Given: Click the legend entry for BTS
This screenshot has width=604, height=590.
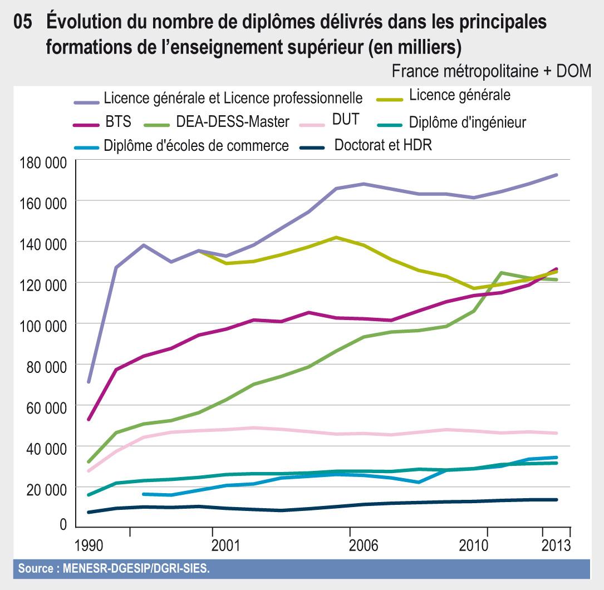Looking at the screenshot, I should coord(118,121).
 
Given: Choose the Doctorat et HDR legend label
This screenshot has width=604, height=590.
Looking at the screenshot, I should coord(383,145).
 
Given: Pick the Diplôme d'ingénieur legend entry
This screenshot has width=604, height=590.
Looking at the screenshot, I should coord(467,121).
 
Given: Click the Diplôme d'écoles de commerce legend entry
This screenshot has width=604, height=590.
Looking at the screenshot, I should coord(196,146).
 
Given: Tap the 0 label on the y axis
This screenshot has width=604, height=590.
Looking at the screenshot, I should coord(63,524).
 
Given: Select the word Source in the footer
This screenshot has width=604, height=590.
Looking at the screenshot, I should coord(36,569).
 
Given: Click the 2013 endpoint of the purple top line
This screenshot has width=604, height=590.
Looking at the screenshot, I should coord(556,175).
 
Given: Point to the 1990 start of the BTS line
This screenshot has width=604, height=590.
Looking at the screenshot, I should coord(89,419).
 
